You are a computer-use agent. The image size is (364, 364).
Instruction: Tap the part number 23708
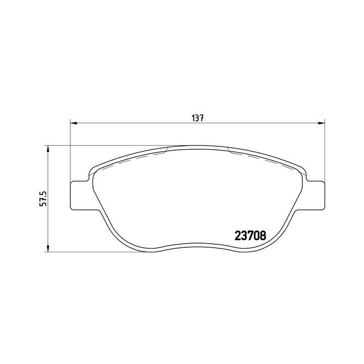(x=250, y=235)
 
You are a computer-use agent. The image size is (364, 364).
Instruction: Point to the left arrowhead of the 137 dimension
(x=72, y=122)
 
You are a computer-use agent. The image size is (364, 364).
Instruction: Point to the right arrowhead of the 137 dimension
(x=320, y=122)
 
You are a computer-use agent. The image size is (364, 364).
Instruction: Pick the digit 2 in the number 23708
(x=237, y=235)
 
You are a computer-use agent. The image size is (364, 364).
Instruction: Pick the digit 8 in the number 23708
(x=262, y=235)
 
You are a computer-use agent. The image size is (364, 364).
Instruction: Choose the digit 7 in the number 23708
(x=250, y=235)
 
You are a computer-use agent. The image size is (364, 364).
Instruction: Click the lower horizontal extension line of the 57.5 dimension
(x=101, y=252)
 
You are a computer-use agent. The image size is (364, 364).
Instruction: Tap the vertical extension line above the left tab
(x=69, y=152)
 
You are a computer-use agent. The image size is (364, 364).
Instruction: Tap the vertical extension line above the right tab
(x=323, y=152)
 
